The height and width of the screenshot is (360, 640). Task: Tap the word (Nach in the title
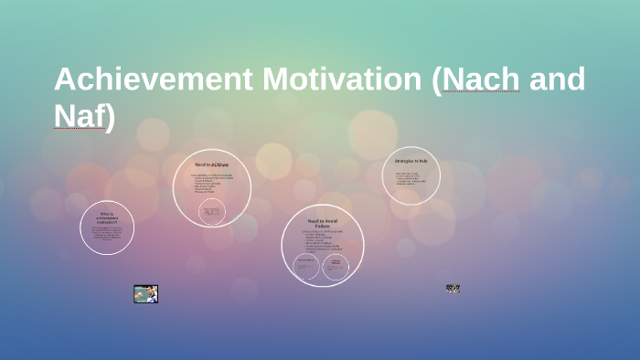[x=475, y=79]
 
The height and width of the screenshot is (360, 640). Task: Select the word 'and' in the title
[x=557, y=79]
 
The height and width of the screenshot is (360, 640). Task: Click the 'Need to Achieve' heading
[x=211, y=164]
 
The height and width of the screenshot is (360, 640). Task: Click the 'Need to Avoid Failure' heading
[x=323, y=223]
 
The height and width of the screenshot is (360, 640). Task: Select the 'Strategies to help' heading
[x=411, y=161]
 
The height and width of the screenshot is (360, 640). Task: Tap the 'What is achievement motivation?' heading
[x=106, y=218]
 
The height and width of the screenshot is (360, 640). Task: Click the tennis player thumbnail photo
[x=145, y=293]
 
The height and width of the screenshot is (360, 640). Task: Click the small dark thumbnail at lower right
[x=453, y=289]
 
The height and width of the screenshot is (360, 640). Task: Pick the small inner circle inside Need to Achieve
[x=212, y=212]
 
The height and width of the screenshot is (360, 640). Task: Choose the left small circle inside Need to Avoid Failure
[x=306, y=268]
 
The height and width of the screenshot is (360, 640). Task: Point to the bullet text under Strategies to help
[x=411, y=178]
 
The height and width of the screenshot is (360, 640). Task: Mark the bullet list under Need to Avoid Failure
[x=322, y=241]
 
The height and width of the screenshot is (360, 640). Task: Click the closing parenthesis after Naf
[x=110, y=118]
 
